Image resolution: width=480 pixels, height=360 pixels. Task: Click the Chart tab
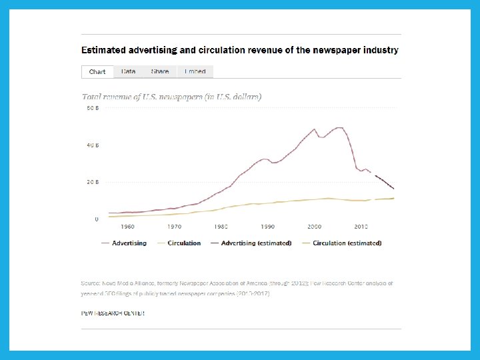97,71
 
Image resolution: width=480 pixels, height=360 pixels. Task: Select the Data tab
129,71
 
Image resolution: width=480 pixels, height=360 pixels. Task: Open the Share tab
160,71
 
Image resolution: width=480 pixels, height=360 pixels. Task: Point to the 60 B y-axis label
93,108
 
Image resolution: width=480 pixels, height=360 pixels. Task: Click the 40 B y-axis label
93,145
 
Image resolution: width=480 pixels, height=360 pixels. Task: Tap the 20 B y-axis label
93,182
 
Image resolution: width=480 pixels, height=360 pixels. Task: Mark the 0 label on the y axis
97,219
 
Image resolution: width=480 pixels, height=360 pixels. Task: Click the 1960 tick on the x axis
128,227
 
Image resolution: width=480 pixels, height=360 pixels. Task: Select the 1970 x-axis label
175,227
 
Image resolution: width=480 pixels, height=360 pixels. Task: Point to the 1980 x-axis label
221,227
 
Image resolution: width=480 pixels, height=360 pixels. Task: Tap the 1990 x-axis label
267,227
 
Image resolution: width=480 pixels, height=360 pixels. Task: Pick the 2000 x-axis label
314,227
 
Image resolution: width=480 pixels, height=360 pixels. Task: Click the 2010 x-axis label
361,227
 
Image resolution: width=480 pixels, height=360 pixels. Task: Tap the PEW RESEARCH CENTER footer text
113,313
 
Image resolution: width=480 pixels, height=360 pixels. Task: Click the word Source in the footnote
91,283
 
